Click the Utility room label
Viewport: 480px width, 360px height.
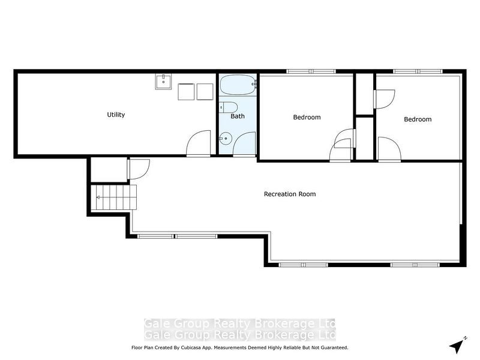(x=116, y=115)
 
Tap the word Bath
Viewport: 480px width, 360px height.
(x=238, y=116)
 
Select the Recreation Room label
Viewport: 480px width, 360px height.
(x=290, y=194)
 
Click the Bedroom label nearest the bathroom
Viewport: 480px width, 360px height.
(x=307, y=117)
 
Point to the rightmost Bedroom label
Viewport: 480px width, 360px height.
(x=417, y=119)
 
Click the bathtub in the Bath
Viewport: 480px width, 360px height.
(x=237, y=85)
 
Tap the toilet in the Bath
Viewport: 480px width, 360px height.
(x=226, y=107)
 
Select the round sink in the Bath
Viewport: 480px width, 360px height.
(x=224, y=139)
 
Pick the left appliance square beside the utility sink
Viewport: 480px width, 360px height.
(x=186, y=92)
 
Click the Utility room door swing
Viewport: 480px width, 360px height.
(x=199, y=145)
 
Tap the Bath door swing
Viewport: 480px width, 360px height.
(x=244, y=145)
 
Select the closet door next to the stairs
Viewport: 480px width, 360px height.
(x=138, y=169)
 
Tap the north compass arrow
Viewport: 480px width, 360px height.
(x=457, y=345)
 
